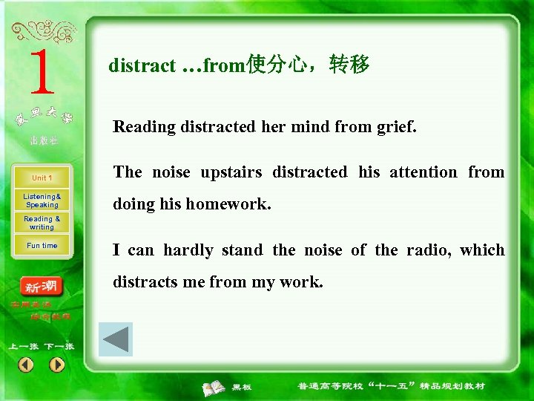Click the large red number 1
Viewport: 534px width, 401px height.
[42, 72]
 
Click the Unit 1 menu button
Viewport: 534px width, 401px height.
[42, 178]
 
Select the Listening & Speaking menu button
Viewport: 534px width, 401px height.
[42, 200]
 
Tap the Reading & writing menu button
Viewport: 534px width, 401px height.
[42, 223]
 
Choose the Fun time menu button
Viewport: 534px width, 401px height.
[42, 246]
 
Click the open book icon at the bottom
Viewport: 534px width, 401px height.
[214, 387]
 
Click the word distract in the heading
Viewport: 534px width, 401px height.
[142, 66]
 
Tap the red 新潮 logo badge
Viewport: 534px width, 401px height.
[42, 287]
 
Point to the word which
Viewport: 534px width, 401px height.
[482, 250]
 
